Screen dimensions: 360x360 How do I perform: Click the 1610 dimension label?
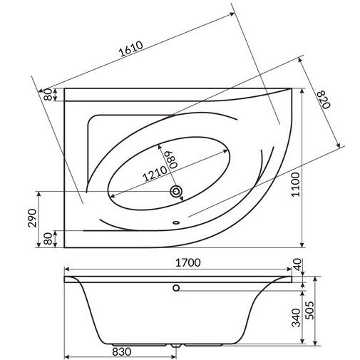131,49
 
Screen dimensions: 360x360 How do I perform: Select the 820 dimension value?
324,99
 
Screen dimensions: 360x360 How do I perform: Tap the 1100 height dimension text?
295,185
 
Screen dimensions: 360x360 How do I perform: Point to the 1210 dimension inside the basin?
155,173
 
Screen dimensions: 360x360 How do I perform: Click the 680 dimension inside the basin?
173,160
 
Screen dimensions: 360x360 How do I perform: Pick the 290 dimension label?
32,218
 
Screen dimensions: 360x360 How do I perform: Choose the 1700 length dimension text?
187,262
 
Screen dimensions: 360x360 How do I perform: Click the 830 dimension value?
121,351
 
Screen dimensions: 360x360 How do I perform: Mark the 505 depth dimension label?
309,310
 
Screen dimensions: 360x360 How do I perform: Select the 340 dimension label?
296,318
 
